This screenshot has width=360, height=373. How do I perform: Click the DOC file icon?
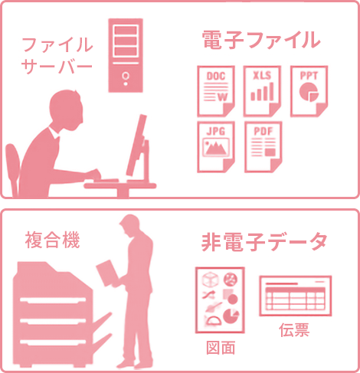coord(216,91)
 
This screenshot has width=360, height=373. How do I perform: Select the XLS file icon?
coord(262,91)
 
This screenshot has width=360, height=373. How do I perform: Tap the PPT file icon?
coord(309,91)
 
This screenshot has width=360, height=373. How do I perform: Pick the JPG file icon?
coord(216,147)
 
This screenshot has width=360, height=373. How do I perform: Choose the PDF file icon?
coord(263,147)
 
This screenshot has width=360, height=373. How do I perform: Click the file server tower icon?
coord(126,55)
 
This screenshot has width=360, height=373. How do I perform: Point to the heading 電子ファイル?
coord(261,40)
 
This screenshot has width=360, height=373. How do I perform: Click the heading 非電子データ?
coord(264,241)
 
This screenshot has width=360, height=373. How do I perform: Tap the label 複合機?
coord(52,240)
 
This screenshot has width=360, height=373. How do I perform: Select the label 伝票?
coord(294,330)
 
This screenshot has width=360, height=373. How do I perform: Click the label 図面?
coord(221,348)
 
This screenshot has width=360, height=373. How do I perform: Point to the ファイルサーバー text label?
coord(57,55)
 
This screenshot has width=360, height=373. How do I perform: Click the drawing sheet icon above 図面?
coord(220,300)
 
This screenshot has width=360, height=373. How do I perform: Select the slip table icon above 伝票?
coord(296,296)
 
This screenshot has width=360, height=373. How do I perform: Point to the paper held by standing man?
coord(107,273)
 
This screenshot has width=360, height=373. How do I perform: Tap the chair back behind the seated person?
coord(12,169)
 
